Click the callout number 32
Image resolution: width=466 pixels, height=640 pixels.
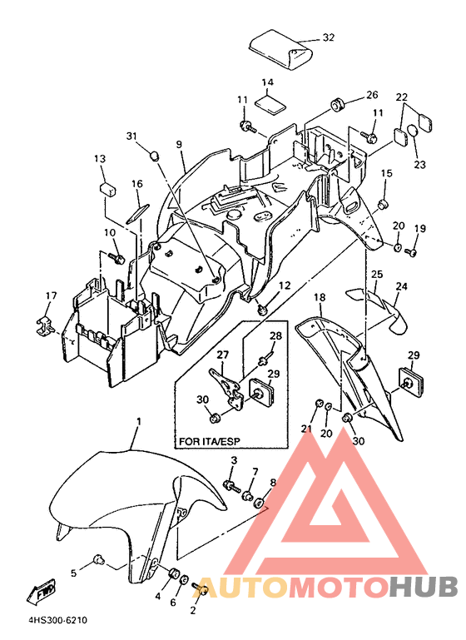click(x=329, y=37)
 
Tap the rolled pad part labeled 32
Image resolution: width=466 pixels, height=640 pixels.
click(x=281, y=50)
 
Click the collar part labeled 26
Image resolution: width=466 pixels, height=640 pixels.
click(x=337, y=105)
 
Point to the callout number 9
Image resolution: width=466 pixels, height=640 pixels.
click(x=179, y=144)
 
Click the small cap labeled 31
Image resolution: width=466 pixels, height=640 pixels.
click(x=154, y=156)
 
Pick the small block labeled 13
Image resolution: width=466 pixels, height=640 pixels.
click(x=107, y=189)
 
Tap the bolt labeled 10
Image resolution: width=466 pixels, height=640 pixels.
click(x=116, y=257)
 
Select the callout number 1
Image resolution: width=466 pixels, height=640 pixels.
click(x=139, y=421)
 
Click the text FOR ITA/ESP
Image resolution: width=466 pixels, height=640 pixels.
click(x=210, y=441)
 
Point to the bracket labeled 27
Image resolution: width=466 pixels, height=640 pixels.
click(x=226, y=389)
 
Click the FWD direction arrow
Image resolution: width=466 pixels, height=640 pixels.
click(x=42, y=591)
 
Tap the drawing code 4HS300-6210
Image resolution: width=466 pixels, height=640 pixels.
click(x=57, y=620)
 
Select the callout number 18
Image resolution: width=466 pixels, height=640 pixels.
click(x=320, y=297)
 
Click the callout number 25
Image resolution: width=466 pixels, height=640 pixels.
click(x=377, y=274)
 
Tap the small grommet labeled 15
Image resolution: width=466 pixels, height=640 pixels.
click(x=383, y=205)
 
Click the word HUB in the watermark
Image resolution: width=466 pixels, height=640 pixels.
click(x=424, y=587)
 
